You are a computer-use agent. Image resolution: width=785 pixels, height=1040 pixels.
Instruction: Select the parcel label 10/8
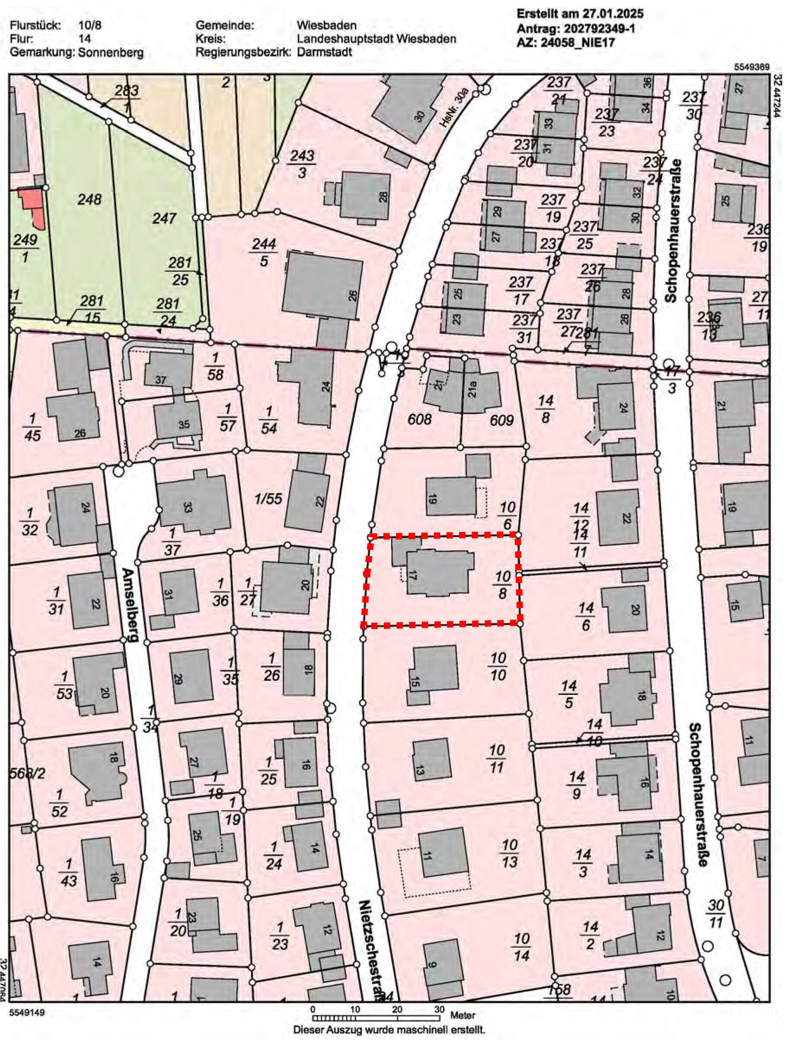click(x=503, y=585)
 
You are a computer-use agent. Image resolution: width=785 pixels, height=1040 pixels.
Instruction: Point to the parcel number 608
click(x=419, y=419)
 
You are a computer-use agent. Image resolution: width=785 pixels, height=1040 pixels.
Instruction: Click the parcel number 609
click(x=501, y=420)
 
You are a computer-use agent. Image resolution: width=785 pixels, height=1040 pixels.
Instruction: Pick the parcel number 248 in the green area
click(x=89, y=199)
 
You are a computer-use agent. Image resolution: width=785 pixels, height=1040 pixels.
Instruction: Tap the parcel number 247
click(x=164, y=218)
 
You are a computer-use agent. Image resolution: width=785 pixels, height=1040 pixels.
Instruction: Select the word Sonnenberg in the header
click(x=111, y=52)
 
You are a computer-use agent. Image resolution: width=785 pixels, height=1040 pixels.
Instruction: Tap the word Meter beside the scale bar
click(x=463, y=1014)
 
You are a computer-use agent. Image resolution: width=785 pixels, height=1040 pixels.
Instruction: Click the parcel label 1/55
click(x=268, y=499)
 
